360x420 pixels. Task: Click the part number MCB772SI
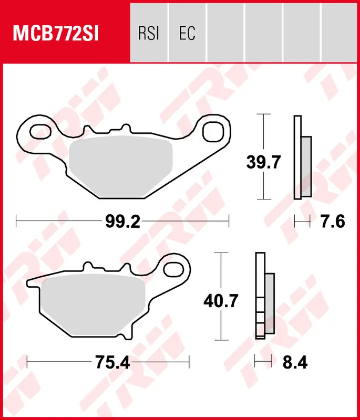(56, 33)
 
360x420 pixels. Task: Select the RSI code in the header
(149, 33)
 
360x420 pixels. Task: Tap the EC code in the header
(187, 33)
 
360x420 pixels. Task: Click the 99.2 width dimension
(123, 222)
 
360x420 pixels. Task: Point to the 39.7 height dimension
(263, 162)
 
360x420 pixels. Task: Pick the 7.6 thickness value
(333, 222)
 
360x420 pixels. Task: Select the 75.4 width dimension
(112, 362)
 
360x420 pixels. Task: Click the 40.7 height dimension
(221, 301)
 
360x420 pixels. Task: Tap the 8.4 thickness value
(295, 362)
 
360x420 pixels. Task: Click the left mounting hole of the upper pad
(40, 132)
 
